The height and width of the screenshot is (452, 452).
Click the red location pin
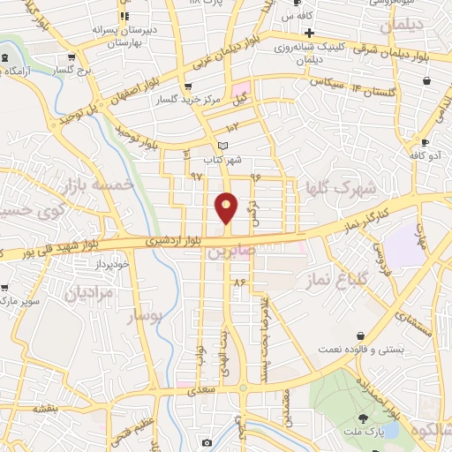[x=227, y=207]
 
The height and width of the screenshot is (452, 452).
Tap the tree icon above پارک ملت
[x=364, y=418]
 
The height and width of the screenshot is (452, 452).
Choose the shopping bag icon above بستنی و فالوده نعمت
[x=363, y=335]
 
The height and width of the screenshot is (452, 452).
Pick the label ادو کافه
[x=424, y=154]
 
